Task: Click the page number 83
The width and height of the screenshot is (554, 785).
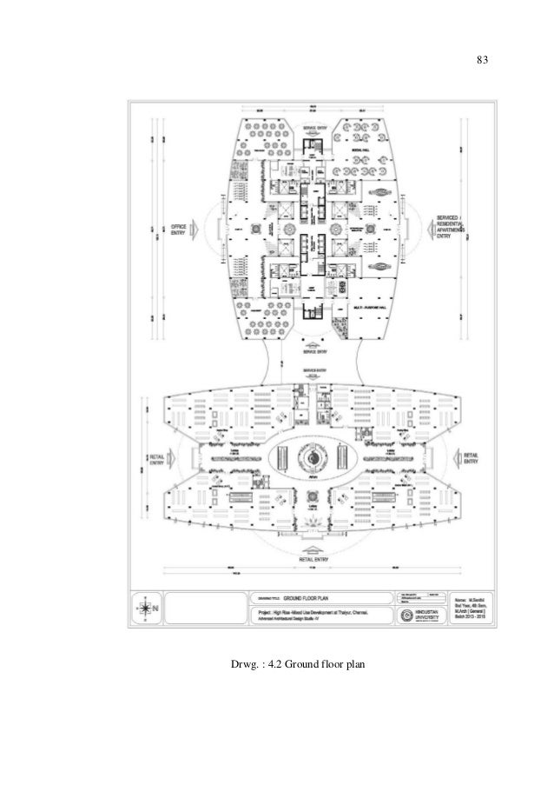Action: [x=483, y=61]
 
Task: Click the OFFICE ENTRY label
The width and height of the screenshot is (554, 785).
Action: [x=181, y=228]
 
